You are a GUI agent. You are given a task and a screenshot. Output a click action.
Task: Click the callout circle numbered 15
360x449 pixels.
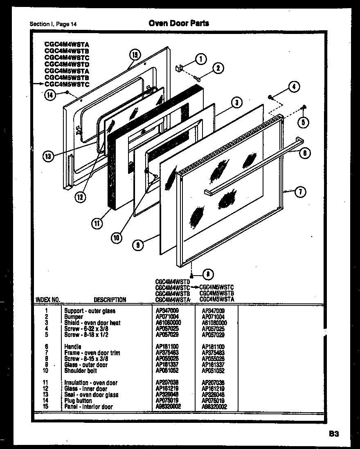coord(135,54)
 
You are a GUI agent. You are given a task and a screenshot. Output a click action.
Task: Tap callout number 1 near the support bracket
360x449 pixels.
coord(200,59)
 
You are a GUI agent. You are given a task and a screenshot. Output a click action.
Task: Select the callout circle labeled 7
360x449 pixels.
coord(301,191)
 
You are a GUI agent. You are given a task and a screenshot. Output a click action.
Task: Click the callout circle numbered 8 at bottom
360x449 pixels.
coord(208,274)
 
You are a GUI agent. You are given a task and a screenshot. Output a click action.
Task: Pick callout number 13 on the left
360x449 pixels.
coord(48,156)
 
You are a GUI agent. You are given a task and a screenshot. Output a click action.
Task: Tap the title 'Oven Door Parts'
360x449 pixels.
coord(178,23)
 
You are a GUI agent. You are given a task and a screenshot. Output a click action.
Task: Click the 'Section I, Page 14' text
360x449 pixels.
coord(53,24)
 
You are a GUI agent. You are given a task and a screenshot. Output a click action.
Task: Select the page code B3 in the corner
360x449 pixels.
coord(333,434)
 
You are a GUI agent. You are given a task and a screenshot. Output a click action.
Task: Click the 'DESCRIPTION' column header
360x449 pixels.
coord(110,300)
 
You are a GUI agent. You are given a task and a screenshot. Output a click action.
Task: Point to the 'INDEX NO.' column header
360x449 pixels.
coord(48,300)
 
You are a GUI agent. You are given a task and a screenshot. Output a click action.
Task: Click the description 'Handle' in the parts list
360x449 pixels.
coord(72,347)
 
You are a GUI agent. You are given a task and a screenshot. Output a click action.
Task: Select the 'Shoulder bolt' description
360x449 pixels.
coord(81,370)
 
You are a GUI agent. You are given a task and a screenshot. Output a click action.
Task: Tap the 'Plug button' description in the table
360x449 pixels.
coord(78,401)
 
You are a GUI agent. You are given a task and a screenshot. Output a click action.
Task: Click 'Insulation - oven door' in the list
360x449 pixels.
coord(90,383)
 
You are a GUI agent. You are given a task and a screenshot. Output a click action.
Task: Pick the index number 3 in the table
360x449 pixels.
coord(47,323)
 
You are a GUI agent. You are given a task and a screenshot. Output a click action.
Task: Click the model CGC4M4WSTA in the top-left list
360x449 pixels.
coord(67,44)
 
